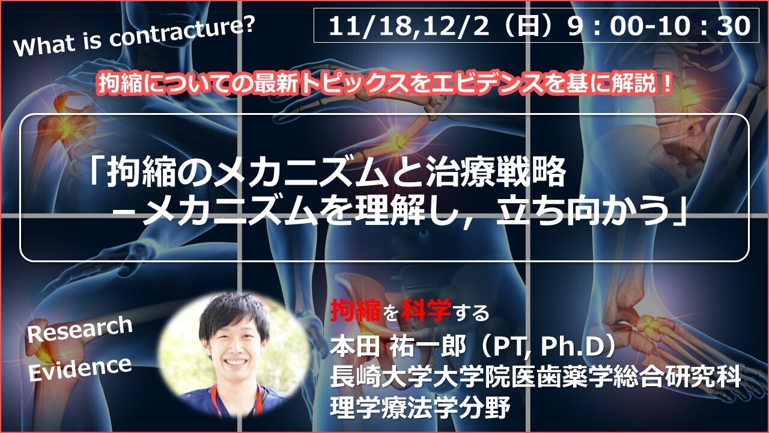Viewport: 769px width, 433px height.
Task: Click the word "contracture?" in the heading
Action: pos(182,32)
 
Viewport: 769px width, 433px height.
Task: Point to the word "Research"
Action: pos(80,329)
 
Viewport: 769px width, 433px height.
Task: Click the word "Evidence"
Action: pos(80,369)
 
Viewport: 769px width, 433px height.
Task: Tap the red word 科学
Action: pos(426,310)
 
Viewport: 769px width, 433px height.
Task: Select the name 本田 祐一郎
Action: pos(398,348)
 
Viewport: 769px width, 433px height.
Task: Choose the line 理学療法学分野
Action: pos(420,407)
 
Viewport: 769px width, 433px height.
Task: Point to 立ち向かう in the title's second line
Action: pos(583,213)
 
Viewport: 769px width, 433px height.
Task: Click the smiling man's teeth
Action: pos(236,362)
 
